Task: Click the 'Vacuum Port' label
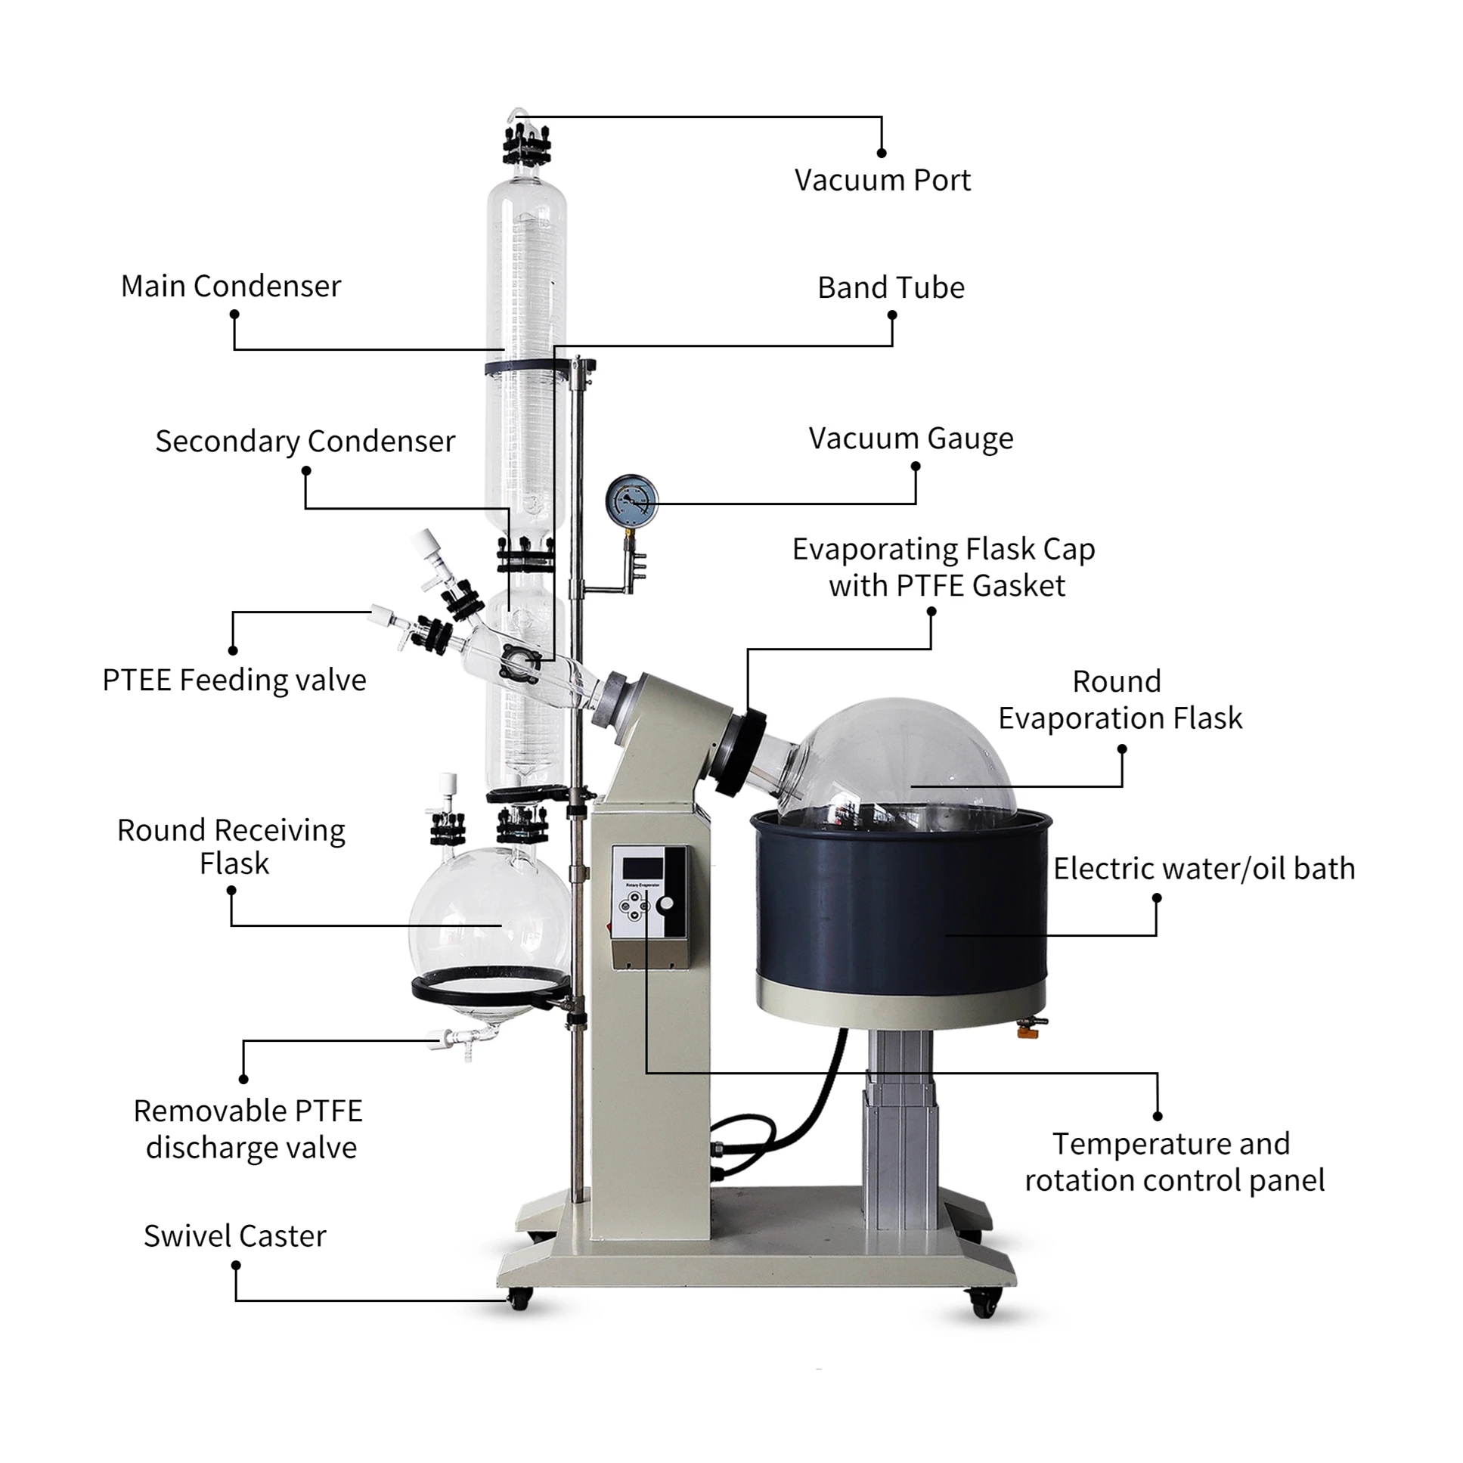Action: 882,180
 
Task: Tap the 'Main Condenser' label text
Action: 231,287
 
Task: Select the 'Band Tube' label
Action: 891,288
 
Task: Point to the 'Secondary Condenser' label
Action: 305,441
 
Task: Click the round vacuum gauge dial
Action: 631,501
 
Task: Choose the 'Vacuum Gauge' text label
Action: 910,439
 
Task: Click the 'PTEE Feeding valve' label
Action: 234,680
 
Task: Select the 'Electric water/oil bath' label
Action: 1204,869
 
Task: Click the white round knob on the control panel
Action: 665,904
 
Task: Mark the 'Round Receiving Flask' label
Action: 231,847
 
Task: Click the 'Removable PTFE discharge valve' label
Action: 249,1129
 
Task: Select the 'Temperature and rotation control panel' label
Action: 1173,1162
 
